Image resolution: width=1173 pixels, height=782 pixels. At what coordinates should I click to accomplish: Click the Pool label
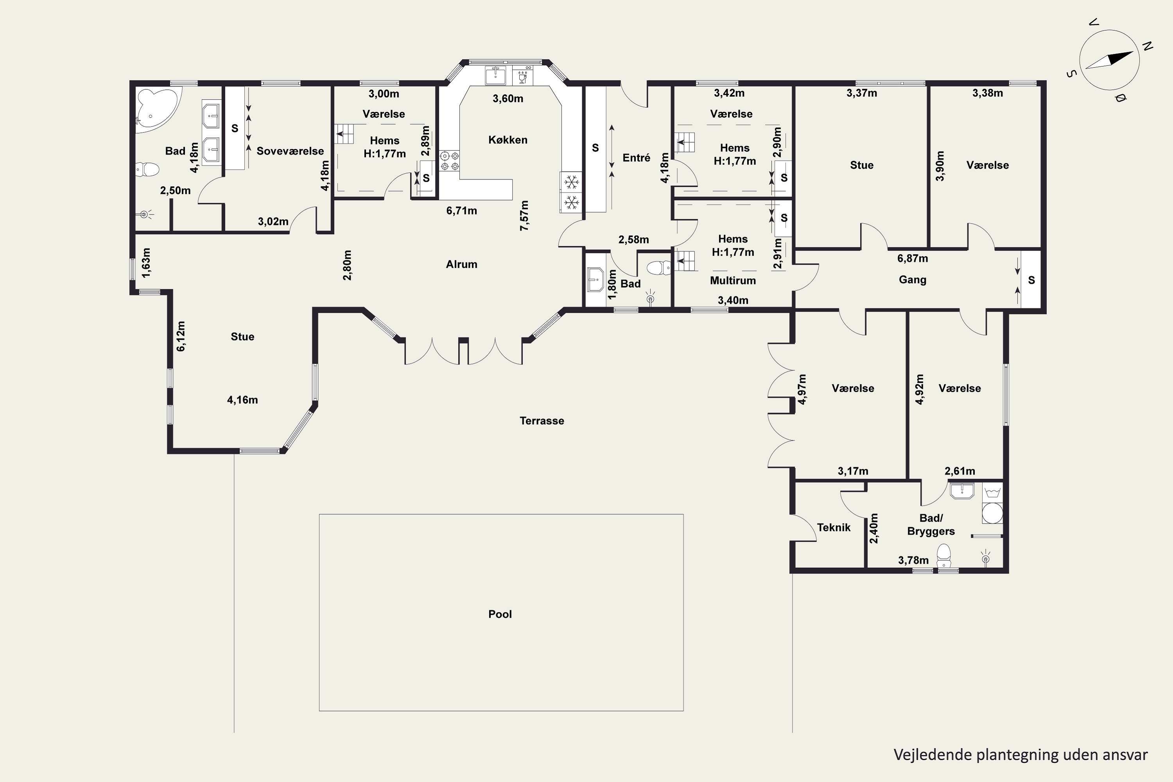tap(500, 614)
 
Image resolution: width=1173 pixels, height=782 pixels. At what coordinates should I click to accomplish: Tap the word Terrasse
tap(542, 420)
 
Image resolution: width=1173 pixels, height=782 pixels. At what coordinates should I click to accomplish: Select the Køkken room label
tap(508, 140)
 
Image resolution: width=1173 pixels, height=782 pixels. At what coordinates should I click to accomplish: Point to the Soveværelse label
tap(290, 151)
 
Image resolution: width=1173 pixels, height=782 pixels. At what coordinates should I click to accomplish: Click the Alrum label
tap(461, 264)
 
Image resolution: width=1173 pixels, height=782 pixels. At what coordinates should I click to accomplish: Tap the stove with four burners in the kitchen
tap(449, 161)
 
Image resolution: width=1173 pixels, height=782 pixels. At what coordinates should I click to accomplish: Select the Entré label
tap(637, 158)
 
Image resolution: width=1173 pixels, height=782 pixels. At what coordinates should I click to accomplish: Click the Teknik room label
tap(833, 527)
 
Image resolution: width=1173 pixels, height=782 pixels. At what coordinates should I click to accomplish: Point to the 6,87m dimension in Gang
tap(912, 258)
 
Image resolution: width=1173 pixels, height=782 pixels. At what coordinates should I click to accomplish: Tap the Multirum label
tap(733, 280)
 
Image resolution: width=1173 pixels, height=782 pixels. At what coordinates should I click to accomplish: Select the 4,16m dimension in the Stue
tap(242, 400)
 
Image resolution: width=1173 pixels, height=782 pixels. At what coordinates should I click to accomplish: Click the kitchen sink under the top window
tap(495, 76)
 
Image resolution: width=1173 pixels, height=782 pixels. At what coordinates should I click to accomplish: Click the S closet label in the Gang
tap(1031, 280)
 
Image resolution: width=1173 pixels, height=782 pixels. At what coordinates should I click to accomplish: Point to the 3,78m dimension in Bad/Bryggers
tap(913, 560)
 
